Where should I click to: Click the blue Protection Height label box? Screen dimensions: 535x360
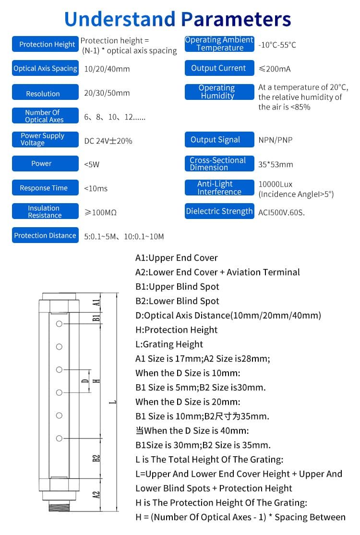click(45, 44)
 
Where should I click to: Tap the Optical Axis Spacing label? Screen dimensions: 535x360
click(45, 69)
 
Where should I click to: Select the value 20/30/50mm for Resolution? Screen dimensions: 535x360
click(107, 93)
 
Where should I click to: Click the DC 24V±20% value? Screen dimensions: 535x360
click(108, 141)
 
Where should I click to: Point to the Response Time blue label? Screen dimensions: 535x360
click(45, 188)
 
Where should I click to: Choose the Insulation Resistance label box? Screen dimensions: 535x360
click(45, 212)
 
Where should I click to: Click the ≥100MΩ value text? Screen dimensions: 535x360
click(100, 212)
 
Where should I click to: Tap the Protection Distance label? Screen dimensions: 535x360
click(45, 235)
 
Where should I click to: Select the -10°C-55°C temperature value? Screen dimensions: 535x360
click(277, 45)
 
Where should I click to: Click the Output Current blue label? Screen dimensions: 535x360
click(219, 68)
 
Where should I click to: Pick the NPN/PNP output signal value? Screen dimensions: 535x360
click(275, 140)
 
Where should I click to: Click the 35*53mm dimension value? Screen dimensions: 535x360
click(276, 164)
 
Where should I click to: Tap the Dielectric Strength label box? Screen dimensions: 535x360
click(219, 211)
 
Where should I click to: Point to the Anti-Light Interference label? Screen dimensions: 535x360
click(219, 188)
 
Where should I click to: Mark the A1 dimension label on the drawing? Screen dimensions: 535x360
click(96, 302)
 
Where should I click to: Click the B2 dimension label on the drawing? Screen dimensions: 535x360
click(96, 458)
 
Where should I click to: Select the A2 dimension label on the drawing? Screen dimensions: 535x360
click(96, 494)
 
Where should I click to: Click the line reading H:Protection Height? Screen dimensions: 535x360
click(176, 330)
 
